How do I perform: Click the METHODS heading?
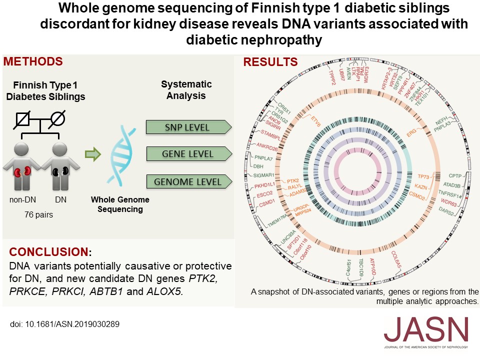click(x=33, y=61)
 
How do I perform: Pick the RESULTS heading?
click(x=270, y=62)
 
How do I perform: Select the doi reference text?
click(x=65, y=323)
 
